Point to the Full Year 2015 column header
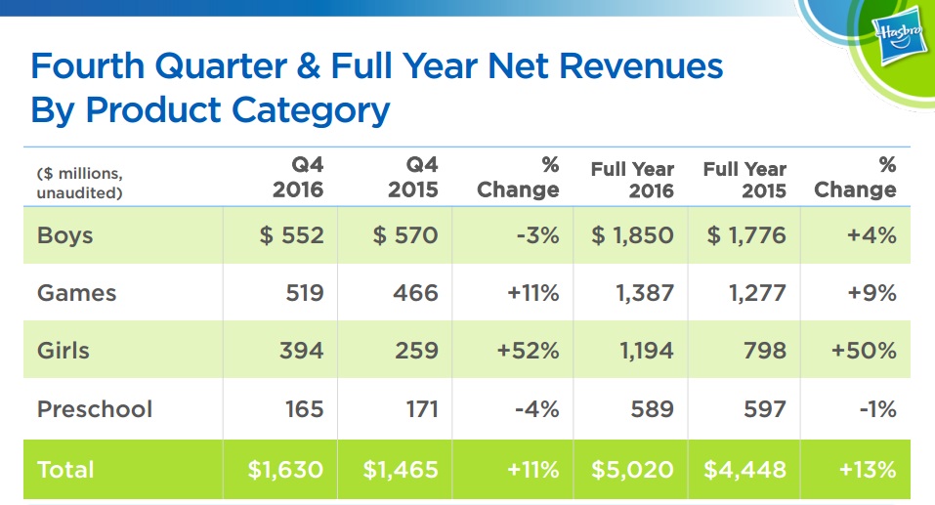[x=744, y=179]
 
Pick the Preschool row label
[x=95, y=408]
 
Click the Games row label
[x=76, y=293]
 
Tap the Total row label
[x=67, y=470]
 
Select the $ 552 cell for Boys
[x=291, y=236]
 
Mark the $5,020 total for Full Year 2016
[x=631, y=470]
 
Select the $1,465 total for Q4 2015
[x=401, y=470]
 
